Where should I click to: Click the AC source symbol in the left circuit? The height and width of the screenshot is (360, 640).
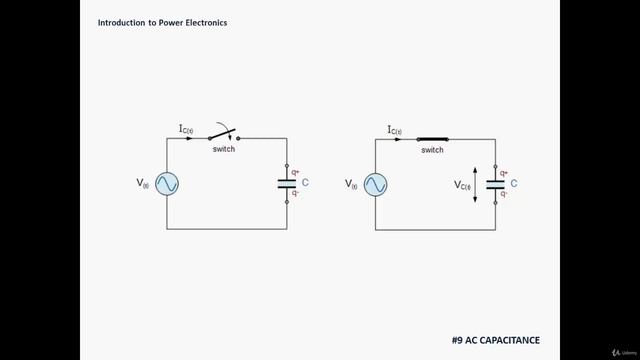coord(166,184)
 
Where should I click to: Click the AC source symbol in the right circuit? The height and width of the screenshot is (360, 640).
coord(375,184)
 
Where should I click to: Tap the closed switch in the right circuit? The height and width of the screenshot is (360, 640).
coord(432,138)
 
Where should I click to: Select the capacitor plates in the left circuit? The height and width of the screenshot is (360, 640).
coord(287,184)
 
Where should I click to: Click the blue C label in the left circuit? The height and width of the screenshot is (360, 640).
coord(305,183)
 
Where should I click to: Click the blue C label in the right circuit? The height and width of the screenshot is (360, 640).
coord(513,183)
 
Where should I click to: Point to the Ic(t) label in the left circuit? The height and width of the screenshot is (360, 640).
coord(186,129)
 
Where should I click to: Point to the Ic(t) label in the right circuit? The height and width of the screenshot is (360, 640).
coord(394,129)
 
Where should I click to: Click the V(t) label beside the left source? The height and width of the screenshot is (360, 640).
coord(143,183)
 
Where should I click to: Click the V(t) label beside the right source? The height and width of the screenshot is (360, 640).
coord(351,183)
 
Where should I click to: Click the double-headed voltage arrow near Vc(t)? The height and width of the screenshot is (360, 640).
coord(476,184)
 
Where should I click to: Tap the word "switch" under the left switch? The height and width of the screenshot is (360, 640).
coord(224,149)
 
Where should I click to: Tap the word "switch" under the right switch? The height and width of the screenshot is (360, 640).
coord(432,150)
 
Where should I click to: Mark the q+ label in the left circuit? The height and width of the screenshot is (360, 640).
coord(295,172)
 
